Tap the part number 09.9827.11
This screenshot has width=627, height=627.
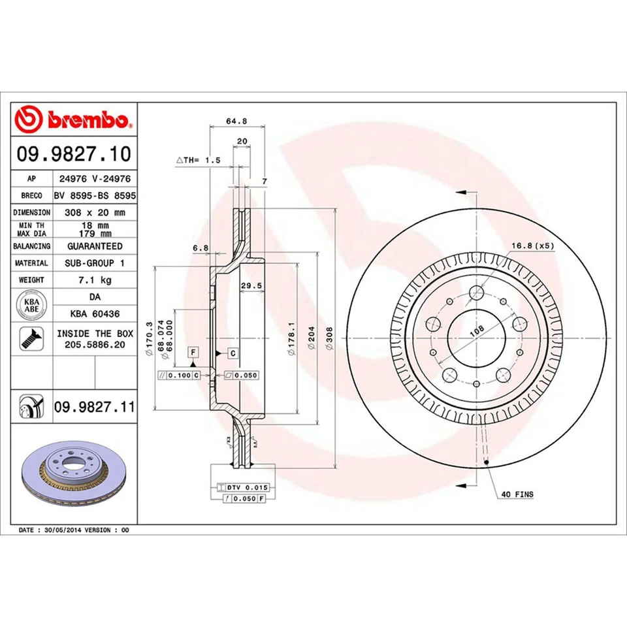click(94, 408)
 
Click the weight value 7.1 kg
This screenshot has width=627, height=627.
click(95, 280)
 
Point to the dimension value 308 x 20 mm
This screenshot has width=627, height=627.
click(95, 212)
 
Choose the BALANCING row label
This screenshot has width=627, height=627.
click(32, 246)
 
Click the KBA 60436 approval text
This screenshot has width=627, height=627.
click(95, 313)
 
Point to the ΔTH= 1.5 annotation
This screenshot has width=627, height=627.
click(199, 160)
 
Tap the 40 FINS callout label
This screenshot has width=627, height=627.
click(518, 494)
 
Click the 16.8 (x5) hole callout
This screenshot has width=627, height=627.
click(532, 246)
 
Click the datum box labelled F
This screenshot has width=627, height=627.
click(193, 353)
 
